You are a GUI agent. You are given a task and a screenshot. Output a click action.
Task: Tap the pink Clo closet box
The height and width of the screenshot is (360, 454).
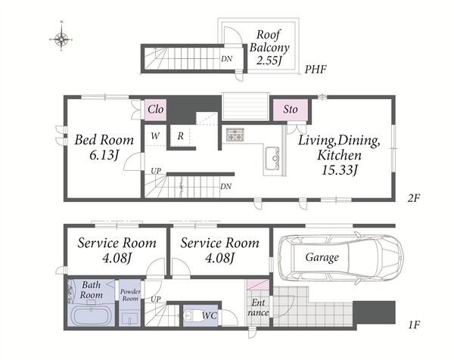point(155,110)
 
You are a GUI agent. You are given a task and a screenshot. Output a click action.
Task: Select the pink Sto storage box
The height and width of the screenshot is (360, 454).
point(291,110)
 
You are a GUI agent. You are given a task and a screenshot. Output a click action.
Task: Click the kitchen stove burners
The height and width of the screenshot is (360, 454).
point(235,135)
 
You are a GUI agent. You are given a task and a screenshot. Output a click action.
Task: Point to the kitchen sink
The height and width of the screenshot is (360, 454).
point(272,158)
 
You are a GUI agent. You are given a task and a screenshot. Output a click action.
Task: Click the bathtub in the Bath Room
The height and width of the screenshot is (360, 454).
point(92,315)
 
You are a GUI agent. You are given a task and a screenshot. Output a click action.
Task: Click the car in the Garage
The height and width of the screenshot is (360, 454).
point(340,258)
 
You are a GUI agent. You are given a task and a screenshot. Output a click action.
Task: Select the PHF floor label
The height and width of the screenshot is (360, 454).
point(316,70)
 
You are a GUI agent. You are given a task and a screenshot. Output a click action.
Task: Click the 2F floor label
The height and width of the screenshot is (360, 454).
point(413,198)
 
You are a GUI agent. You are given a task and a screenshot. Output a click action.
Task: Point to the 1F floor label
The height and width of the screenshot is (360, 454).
point(414,325)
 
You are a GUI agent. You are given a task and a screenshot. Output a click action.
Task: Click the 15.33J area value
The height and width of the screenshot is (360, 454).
point(340,170)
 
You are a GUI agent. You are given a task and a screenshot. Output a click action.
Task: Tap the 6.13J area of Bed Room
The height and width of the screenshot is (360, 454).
point(104,155)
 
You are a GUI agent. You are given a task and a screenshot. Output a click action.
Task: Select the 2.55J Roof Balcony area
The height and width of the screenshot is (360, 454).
point(269,61)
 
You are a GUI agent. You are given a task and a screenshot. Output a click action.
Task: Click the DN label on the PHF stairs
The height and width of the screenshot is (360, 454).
point(227,59)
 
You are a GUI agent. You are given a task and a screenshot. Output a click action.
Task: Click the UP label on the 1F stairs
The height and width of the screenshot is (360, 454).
point(155,299)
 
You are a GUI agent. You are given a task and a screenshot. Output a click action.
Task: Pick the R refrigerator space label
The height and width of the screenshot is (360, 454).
point(180,135)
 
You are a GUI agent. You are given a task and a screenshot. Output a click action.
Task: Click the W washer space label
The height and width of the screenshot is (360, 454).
point(155,135)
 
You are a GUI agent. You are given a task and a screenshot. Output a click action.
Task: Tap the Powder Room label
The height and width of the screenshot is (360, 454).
point(130,295)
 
